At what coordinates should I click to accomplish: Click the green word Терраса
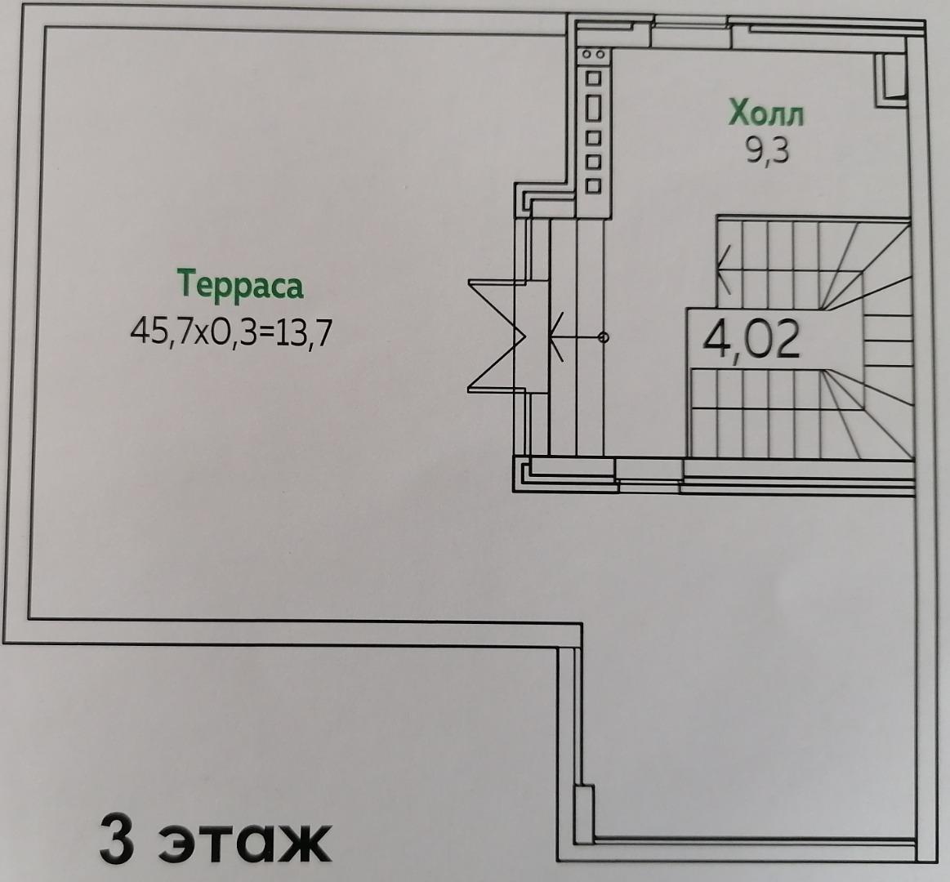coord(240,284)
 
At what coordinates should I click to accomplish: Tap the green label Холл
coord(766,113)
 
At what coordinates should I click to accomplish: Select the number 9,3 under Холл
coord(768,150)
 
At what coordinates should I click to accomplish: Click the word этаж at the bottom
coord(244,844)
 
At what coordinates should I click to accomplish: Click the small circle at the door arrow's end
coord(603,337)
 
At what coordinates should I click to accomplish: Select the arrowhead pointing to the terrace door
coord(556,337)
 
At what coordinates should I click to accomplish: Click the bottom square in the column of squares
coord(594,185)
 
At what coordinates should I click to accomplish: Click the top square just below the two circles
coord(594,78)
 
